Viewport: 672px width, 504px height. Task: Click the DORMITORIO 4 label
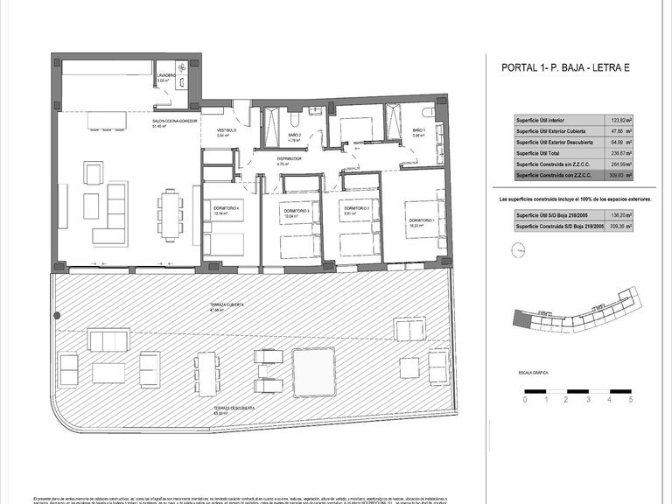(x=226, y=210)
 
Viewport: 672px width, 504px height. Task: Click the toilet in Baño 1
(x=428, y=113)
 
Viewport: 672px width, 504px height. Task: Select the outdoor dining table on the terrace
(x=206, y=373)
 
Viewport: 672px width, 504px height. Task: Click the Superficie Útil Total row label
(x=542, y=152)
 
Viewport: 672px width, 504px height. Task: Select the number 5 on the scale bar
(x=630, y=399)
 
